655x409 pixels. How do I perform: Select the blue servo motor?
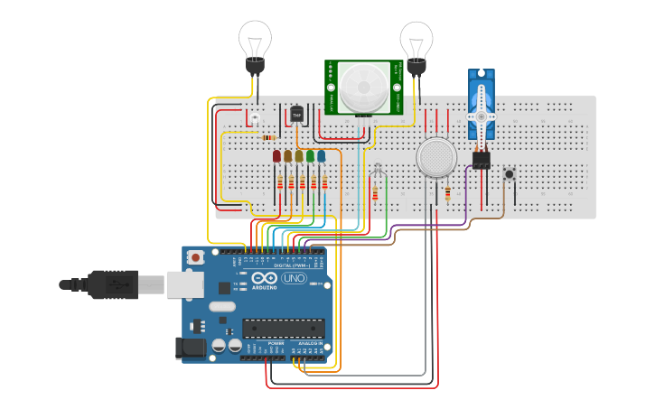tap(482, 104)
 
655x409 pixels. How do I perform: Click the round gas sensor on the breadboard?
tap(435, 158)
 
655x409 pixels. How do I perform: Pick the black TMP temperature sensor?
tap(296, 115)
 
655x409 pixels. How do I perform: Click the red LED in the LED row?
tap(277, 156)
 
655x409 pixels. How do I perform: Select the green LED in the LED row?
tap(310, 156)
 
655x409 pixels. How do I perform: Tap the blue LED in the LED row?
tap(321, 156)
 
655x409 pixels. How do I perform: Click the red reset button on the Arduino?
tap(194, 258)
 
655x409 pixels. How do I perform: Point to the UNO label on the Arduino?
tap(294, 279)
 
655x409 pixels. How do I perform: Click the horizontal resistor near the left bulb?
tap(268, 137)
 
